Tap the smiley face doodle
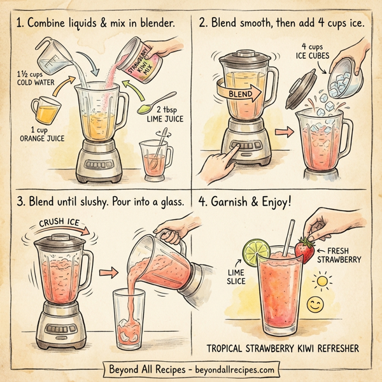[x=314, y=305]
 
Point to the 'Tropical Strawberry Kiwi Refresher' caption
[x=287, y=348]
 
